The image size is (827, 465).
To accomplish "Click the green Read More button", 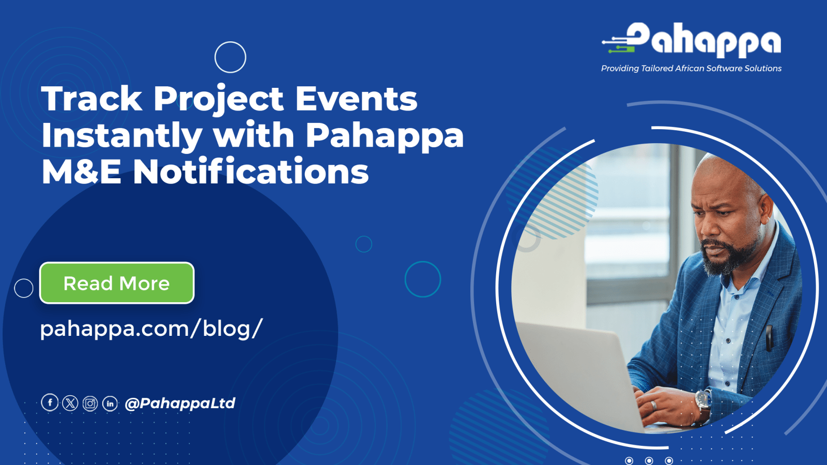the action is pos(117,283).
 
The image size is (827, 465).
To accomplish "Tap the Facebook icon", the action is pos(50,402).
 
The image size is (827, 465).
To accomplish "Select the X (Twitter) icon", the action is pos(70,403).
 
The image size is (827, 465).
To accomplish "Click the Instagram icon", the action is pos(90,404).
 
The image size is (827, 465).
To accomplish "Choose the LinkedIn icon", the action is pos(110,404).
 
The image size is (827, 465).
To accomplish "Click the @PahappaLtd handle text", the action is pos(180,403).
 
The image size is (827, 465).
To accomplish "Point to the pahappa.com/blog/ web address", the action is pos(151,329).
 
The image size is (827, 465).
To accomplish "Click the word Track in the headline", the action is pos(91,98).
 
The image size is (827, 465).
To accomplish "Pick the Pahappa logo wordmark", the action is pos(691,40).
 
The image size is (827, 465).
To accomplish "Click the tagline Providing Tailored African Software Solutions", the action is pos(691,68).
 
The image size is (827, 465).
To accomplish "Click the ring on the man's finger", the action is pos(653,405).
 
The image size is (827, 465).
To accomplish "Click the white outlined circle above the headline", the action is pos(231,57).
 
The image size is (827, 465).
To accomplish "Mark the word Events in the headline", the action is pos(356,98).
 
